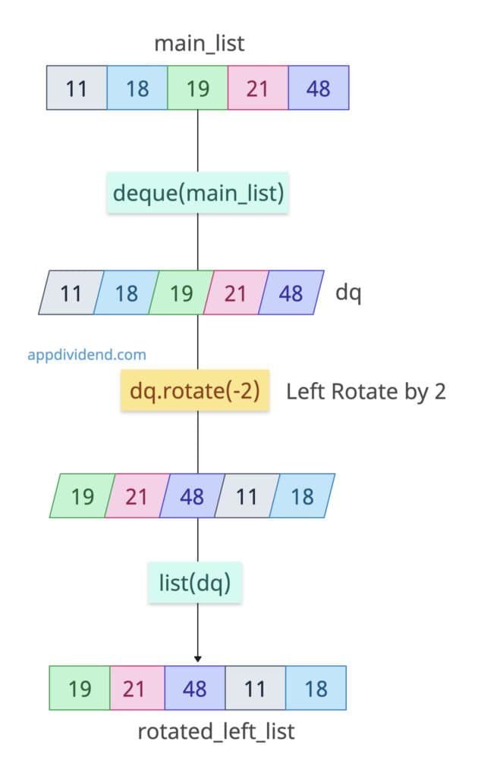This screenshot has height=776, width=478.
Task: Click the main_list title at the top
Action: [x=199, y=43]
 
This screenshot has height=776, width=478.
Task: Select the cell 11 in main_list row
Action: [x=76, y=88]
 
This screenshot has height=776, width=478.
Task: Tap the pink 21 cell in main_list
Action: [x=257, y=88]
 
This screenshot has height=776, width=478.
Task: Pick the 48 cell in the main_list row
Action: [x=318, y=88]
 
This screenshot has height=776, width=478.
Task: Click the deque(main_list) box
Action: [x=198, y=193]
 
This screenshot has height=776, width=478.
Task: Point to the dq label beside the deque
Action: [x=348, y=293]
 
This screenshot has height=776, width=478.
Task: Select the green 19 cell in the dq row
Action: [x=181, y=293]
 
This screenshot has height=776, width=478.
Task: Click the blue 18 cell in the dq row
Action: [x=126, y=293]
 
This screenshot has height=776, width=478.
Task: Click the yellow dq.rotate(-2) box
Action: [x=195, y=392]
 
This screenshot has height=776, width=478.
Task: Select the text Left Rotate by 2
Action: [x=365, y=392]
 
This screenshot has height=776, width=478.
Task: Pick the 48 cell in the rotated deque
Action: [x=192, y=496]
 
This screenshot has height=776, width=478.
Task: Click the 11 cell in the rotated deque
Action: [x=247, y=496]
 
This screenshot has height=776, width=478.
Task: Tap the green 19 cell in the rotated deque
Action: [x=82, y=496]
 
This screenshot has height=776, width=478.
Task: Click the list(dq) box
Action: [x=195, y=584]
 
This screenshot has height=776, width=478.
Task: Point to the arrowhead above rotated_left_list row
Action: [x=198, y=658]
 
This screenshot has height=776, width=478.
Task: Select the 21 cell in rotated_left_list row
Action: [x=137, y=688]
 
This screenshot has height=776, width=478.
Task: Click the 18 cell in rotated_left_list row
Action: [x=316, y=688]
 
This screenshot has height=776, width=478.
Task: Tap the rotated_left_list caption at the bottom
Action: [x=215, y=732]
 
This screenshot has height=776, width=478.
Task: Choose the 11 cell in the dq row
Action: [x=71, y=293]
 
